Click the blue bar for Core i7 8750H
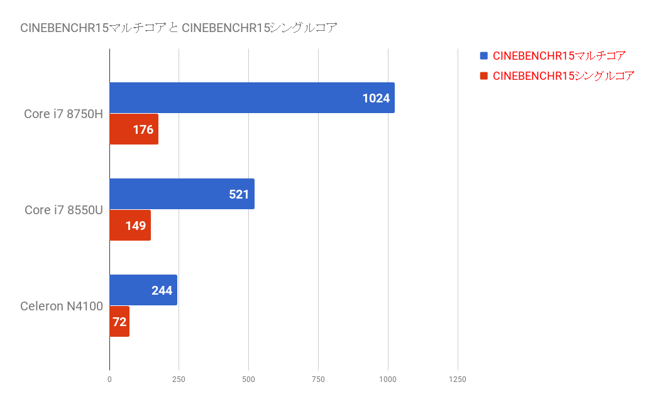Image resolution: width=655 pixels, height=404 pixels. tap(252, 97)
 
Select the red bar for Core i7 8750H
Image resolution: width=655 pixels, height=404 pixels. tap(134, 129)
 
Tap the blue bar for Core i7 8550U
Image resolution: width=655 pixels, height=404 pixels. tap(182, 194)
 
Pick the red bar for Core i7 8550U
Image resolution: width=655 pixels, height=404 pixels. tap(130, 226)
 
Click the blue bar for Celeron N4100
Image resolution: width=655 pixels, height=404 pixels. tap(143, 290)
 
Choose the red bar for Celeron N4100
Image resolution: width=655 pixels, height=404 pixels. tap(119, 321)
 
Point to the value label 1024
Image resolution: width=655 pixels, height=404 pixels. tap(376, 98)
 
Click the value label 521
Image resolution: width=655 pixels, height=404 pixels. tap(239, 194)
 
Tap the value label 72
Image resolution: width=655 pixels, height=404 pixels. tap(119, 322)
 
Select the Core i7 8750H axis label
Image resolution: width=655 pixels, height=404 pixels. tap(63, 114)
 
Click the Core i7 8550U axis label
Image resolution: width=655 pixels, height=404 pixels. tap(64, 210)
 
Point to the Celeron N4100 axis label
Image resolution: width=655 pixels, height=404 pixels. tap(62, 307)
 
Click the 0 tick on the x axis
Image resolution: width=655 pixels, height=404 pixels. tap(109, 379)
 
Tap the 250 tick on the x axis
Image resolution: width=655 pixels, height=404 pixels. tap(179, 379)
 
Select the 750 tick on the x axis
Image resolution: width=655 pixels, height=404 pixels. tap(318, 379)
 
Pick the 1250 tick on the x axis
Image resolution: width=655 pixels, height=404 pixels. tap(458, 379)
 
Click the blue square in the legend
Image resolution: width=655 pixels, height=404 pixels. tap(484, 55)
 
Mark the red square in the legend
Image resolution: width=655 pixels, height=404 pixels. tap(484, 75)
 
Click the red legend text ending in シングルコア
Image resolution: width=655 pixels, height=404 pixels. tap(563, 76)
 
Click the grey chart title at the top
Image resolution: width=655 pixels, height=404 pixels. tap(179, 28)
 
